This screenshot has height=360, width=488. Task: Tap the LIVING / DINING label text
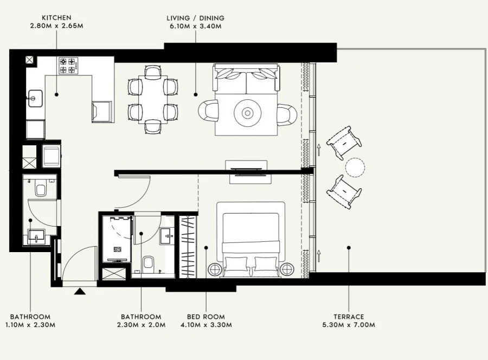(195, 18)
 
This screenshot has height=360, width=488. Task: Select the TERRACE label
(349, 317)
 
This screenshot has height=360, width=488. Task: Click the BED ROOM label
(206, 317)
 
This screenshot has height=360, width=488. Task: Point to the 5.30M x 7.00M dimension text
(349, 325)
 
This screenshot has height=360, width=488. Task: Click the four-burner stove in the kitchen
(68, 66)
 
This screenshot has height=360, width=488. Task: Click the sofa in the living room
(247, 78)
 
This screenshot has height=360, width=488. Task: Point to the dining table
(152, 99)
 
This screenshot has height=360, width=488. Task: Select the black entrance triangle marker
(80, 292)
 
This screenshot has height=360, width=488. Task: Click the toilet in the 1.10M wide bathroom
(40, 189)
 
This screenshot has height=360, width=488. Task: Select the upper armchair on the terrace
(344, 142)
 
